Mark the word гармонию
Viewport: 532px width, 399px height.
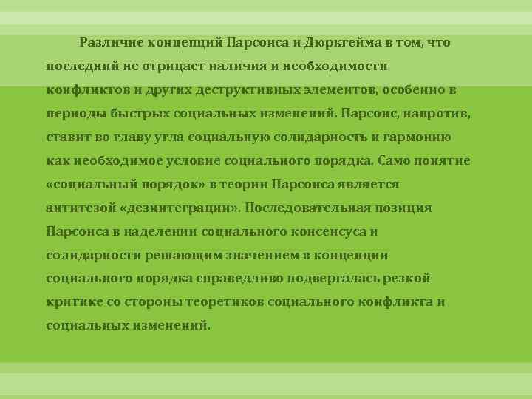tap(420, 137)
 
